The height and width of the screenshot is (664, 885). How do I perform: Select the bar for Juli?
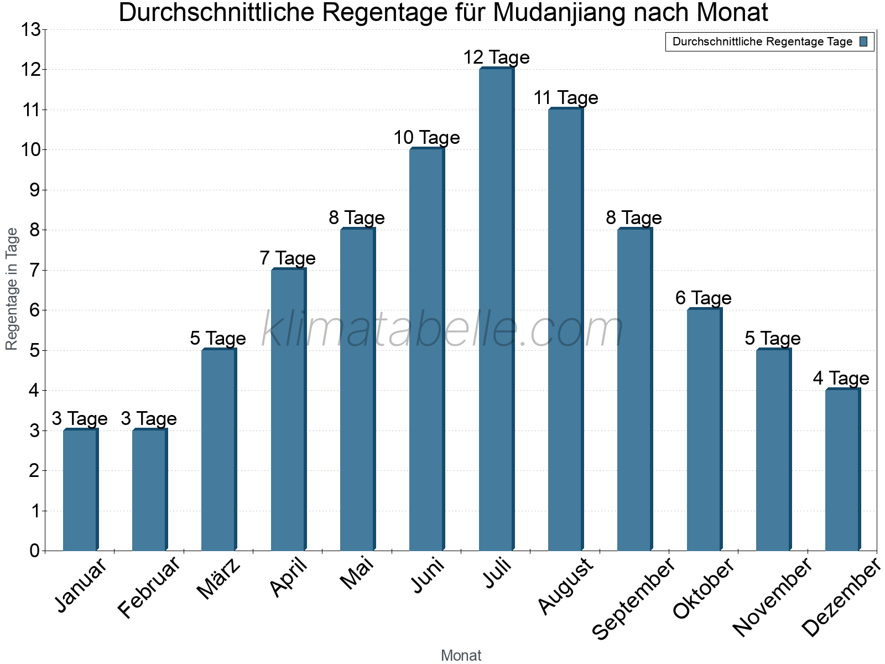coord(496,310)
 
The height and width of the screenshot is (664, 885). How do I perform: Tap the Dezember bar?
coord(842,470)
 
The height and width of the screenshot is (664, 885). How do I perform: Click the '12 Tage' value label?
coord(496,58)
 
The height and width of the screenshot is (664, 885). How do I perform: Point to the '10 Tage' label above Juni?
coord(426,138)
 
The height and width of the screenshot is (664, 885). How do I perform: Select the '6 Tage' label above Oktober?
coord(703,298)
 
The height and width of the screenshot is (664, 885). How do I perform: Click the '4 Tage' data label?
coord(841,378)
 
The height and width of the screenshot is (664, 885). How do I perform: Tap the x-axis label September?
coord(634,598)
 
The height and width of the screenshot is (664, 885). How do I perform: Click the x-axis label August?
coord(565,587)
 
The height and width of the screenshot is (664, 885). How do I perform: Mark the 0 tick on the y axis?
coord(35,551)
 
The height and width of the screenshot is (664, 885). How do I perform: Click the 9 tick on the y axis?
coord(35,190)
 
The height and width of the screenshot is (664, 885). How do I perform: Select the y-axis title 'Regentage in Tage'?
coord(12,289)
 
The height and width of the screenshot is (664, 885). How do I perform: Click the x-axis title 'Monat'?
coord(461,656)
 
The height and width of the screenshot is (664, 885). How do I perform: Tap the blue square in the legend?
coord(863,42)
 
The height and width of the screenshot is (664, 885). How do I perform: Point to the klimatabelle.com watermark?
coord(442,330)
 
